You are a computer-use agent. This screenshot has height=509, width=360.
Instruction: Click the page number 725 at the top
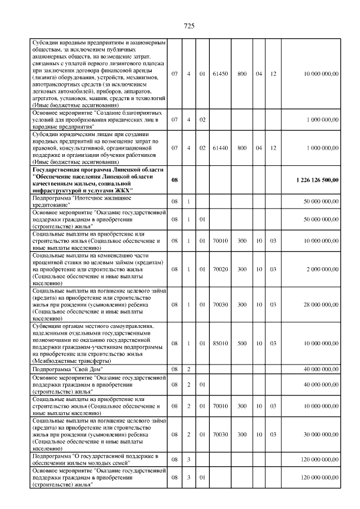[x=189, y=27]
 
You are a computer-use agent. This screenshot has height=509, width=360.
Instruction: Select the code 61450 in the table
[x=220, y=74]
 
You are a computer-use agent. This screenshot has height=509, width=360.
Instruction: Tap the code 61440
[x=220, y=148]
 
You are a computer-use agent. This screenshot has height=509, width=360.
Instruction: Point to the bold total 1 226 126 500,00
[x=317, y=180]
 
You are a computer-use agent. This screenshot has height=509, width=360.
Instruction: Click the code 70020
[x=220, y=269]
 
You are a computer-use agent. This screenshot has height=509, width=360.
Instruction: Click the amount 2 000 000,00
[x=320, y=269]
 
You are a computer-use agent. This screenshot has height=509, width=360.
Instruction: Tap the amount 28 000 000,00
[x=318, y=304]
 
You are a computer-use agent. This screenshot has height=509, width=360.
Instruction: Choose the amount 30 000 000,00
[x=318, y=435]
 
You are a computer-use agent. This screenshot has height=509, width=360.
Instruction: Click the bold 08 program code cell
[x=174, y=180]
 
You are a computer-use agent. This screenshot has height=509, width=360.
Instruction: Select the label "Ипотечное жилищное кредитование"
[x=82, y=201]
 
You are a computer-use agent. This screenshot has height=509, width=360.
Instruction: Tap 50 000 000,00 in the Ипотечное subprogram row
[x=318, y=201]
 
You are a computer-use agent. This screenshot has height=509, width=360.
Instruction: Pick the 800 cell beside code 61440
[x=242, y=148]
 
